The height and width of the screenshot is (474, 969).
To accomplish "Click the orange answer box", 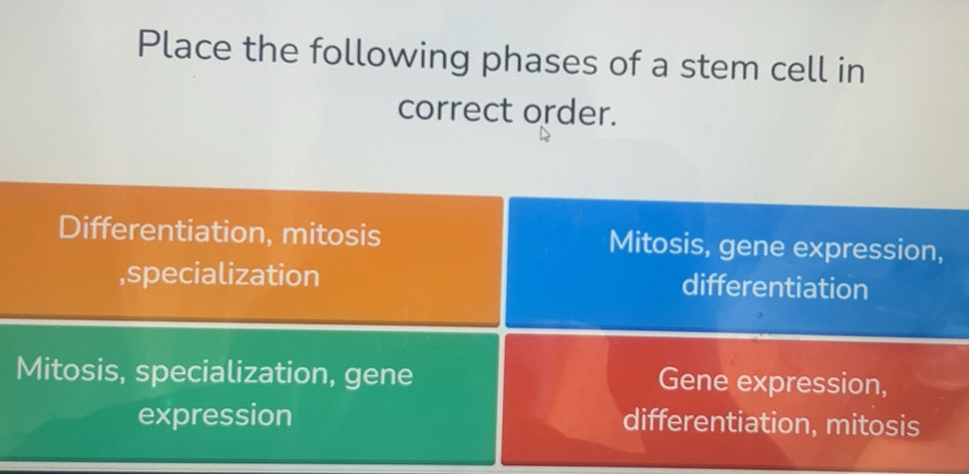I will (x=249, y=254).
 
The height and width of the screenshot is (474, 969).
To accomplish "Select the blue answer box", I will (x=738, y=264).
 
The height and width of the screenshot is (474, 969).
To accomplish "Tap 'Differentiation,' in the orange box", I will (x=160, y=233).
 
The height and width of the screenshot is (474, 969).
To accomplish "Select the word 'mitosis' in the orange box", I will (x=330, y=235).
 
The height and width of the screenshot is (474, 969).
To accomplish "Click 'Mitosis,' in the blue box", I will (x=660, y=242).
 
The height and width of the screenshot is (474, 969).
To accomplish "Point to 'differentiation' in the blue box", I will (x=775, y=289).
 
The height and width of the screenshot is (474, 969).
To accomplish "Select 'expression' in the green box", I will (x=216, y=414).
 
